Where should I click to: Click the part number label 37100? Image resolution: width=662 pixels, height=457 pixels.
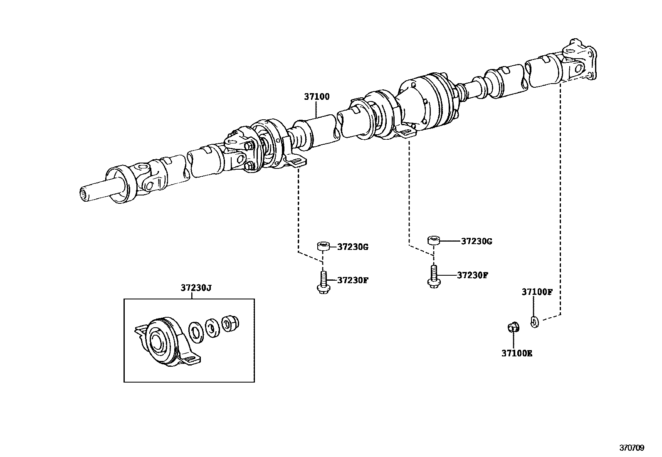pos(316,97)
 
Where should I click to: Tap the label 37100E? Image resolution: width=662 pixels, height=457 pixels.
pos(516,353)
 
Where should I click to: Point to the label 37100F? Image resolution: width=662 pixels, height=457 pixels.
pos(537,292)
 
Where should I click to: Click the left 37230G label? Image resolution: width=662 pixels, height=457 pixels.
pos(353,247)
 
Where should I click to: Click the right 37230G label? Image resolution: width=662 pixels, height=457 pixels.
pos(477,241)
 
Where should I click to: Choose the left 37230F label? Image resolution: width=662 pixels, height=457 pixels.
pos(353,280)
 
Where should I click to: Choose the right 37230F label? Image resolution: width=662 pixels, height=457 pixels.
pos(472,275)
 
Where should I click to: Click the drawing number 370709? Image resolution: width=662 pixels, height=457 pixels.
pos(632,448)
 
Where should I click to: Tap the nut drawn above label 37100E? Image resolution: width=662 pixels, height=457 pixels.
pos(513,328)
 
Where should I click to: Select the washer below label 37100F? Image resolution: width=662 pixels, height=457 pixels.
pos(535,321)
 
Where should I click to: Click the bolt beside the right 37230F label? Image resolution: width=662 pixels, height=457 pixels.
pos(433,276)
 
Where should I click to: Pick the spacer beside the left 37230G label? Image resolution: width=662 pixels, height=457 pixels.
pos(324,246)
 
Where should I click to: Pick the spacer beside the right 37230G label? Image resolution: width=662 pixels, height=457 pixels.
pos(433,240)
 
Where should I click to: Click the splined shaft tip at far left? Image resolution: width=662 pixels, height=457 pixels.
pos(85,194)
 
